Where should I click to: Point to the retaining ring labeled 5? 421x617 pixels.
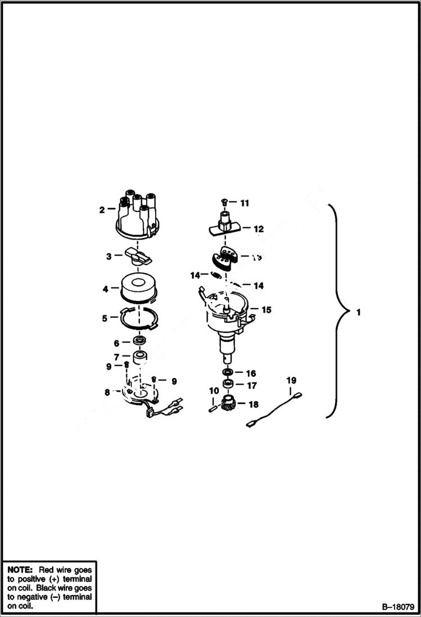[x=139, y=319]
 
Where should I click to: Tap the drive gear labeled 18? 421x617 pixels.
[x=229, y=404]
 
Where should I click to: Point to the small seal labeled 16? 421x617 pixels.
[x=228, y=373]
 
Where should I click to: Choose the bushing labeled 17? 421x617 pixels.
[x=228, y=385]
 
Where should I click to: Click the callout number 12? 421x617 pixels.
[x=258, y=229]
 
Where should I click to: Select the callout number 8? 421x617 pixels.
[x=107, y=392]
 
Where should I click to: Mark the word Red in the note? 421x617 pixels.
[x=47, y=569]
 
